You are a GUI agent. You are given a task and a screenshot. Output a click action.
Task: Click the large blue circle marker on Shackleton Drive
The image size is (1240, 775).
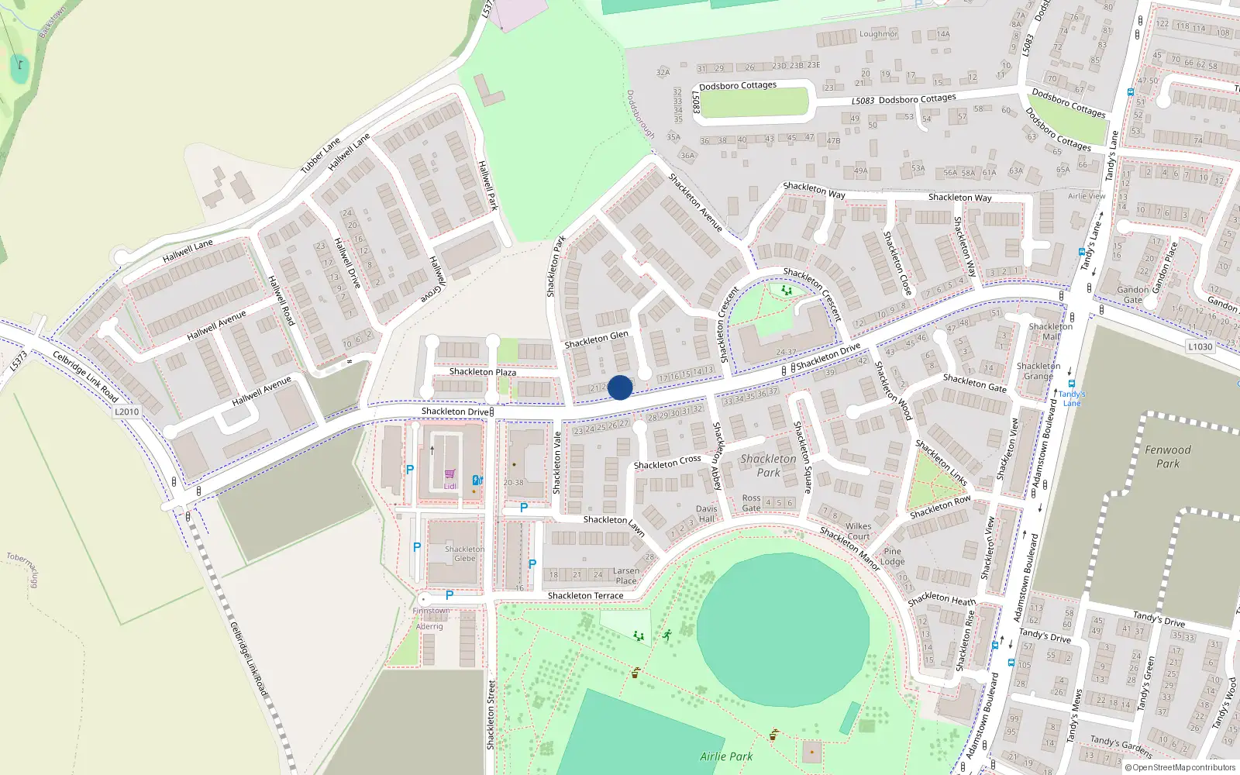pyautogui.click(x=620, y=387)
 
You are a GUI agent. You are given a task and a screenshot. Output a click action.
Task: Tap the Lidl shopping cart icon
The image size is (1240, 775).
pyautogui.click(x=449, y=474)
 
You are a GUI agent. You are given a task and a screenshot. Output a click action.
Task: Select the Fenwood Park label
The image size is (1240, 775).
pyautogui.click(x=1168, y=456)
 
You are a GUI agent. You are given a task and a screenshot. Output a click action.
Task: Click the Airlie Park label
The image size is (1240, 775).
pyautogui.click(x=726, y=756)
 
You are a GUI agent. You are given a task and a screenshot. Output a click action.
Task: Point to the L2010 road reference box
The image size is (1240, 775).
pyautogui.click(x=127, y=412)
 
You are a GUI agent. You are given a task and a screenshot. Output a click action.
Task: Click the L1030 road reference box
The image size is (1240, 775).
pyautogui.click(x=1200, y=346)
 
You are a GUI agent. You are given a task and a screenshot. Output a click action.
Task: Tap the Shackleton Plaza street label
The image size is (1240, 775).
pyautogui.click(x=482, y=372)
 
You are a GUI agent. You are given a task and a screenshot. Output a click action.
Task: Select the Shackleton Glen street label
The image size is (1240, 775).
pyautogui.click(x=596, y=339)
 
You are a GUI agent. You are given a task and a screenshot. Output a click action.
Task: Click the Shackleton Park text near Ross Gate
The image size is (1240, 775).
pyautogui.click(x=768, y=465)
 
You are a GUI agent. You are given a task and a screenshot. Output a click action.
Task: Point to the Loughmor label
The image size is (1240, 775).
pyautogui.click(x=878, y=34)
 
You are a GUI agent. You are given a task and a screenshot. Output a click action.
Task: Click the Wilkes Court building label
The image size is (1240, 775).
pyautogui.click(x=858, y=531)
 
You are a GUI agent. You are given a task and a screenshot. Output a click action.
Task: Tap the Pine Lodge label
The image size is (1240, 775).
pyautogui.click(x=892, y=556)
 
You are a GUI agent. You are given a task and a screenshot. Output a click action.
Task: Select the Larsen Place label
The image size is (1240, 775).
pyautogui.click(x=626, y=576)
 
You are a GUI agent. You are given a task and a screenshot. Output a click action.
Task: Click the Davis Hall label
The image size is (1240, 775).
pyautogui.click(x=706, y=514)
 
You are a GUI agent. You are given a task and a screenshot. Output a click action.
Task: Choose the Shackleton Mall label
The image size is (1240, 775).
pyautogui.click(x=1050, y=332)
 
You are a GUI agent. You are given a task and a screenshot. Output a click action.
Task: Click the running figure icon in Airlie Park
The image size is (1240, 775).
pyautogui.click(x=666, y=635)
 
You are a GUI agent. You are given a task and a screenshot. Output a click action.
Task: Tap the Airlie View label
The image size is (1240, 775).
pyautogui.click(x=1087, y=196)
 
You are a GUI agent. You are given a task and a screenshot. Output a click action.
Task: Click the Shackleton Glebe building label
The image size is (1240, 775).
pyautogui.click(x=464, y=553)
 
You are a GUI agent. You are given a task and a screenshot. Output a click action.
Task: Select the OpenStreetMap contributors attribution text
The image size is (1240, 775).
pyautogui.click(x=1180, y=768)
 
